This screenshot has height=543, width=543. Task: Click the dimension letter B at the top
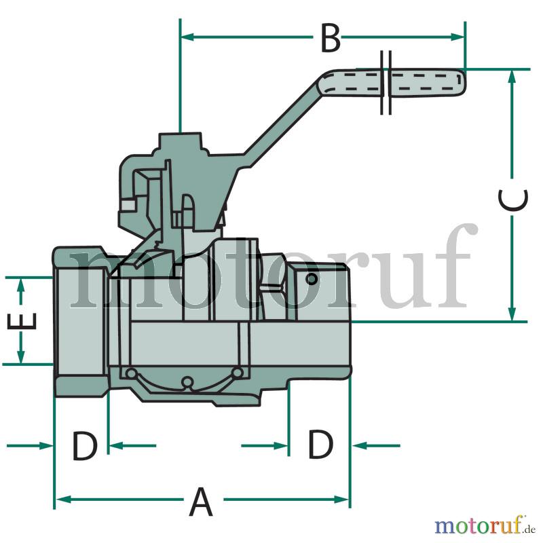point(331,38)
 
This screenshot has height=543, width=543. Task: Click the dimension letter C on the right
point(513,200)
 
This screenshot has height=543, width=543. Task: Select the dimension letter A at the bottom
point(200,502)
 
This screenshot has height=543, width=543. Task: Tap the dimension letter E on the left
point(22,321)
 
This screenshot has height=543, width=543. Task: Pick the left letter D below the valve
point(84,446)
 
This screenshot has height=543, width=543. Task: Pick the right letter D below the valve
point(320,445)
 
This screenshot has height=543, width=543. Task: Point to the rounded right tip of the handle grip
point(464,81)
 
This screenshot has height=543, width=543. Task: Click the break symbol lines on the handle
point(386,82)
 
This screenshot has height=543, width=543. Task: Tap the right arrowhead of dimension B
point(457,37)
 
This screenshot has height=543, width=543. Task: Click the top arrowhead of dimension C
point(512,76)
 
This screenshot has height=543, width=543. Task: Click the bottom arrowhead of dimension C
point(512,314)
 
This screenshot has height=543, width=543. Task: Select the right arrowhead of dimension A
point(341,500)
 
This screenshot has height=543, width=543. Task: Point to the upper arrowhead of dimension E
point(21,285)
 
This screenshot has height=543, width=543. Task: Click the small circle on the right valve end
point(312,279)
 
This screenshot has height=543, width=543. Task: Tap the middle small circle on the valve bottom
point(187,381)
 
